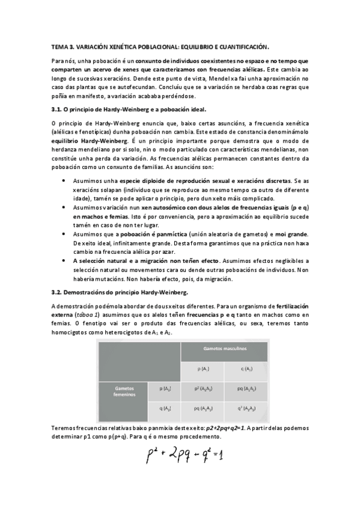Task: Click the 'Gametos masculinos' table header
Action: tap(224, 348)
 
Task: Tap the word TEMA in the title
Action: tap(59, 46)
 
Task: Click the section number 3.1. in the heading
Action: tap(58, 109)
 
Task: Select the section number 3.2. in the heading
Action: tap(58, 292)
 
